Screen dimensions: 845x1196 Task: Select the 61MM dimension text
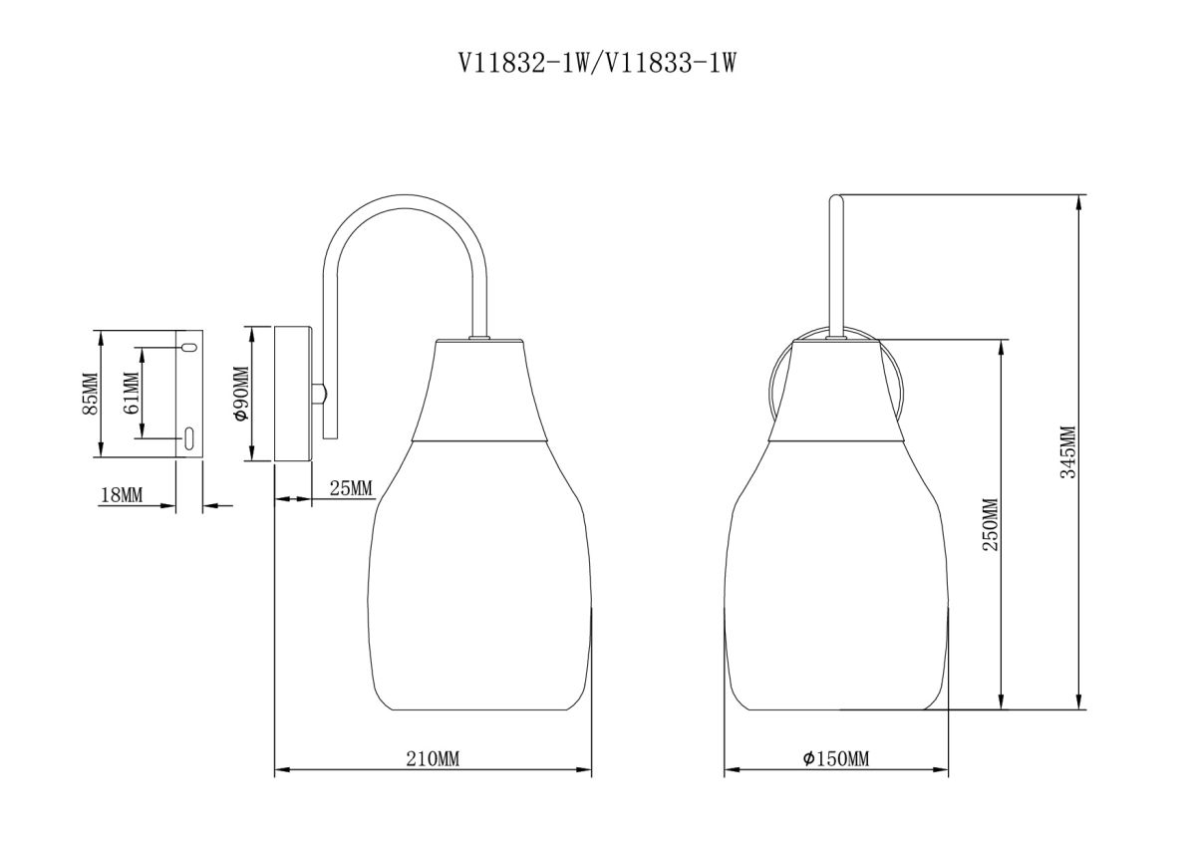click(130, 393)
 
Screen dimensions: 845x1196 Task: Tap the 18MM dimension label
click(122, 495)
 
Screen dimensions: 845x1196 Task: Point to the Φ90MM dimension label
click(239, 395)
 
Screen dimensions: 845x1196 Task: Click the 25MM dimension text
click(350, 487)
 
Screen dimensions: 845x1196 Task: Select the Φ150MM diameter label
click(835, 759)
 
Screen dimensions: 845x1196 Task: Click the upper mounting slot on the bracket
click(187, 347)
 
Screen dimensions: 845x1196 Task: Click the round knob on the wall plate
click(319, 394)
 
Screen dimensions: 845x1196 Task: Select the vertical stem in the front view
click(837, 264)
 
